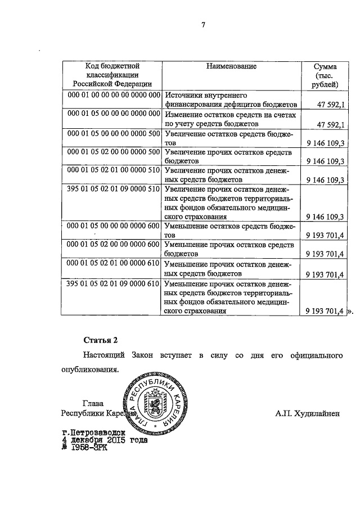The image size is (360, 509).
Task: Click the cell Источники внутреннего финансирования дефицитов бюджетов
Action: [231, 100]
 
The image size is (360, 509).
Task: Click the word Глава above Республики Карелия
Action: [93, 403]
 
